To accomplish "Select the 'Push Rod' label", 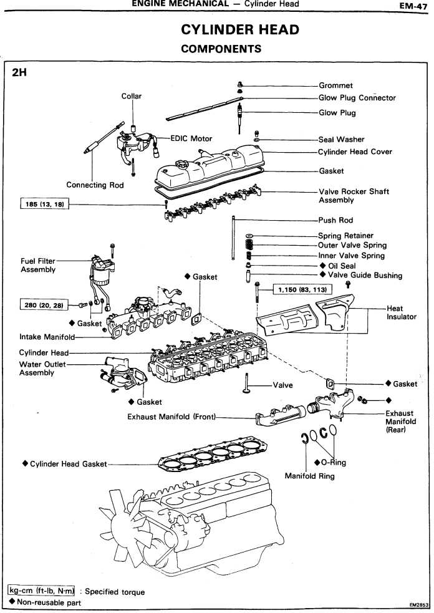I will [335, 220].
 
